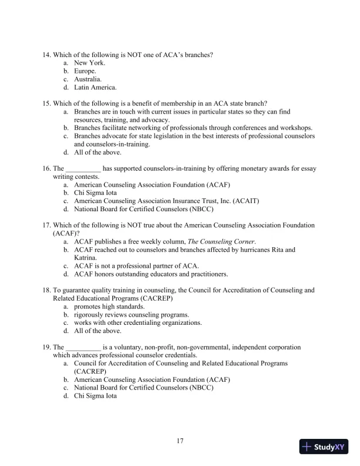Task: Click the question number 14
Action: [46, 55]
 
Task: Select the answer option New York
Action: [89, 62]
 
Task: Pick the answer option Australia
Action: [88, 79]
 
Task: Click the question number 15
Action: [46, 104]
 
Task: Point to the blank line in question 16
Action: [83, 169]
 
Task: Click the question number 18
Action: [46, 291]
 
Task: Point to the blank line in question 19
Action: [83, 348]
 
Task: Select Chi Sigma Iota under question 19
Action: [95, 397]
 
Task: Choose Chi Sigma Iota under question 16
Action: [95, 192]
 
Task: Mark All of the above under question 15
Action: [97, 152]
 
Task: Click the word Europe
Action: [85, 71]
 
